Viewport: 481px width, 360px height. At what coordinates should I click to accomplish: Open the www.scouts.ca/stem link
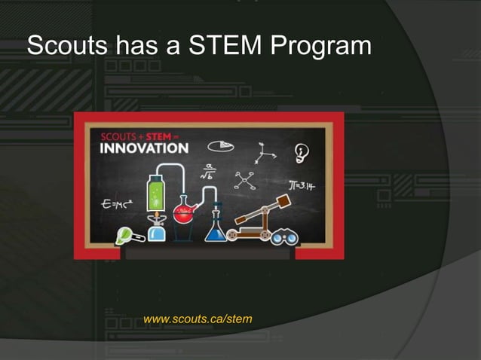point(198,319)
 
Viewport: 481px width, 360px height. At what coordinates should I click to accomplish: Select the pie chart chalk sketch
point(220,144)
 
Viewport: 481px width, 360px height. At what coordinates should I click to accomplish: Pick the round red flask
point(183,213)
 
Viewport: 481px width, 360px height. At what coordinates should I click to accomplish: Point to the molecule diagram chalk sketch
point(244,179)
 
